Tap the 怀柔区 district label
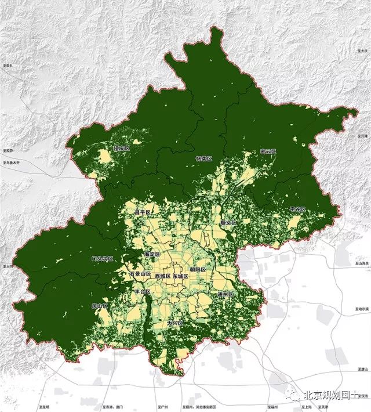pyautogui.click(x=204, y=158)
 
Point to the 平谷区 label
pyautogui.click(x=297, y=209)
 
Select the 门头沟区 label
pyautogui.click(x=102, y=259)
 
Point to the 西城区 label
pyautogui.click(x=162, y=277)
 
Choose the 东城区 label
pyautogui.click(x=180, y=277)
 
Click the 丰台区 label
pyautogui.click(x=141, y=292)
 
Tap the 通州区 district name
pyautogui.click(x=224, y=295)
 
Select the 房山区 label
pyautogui.click(x=100, y=306)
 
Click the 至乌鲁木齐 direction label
pyautogui.click(x=12, y=163)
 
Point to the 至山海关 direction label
pyautogui.click(x=361, y=264)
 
